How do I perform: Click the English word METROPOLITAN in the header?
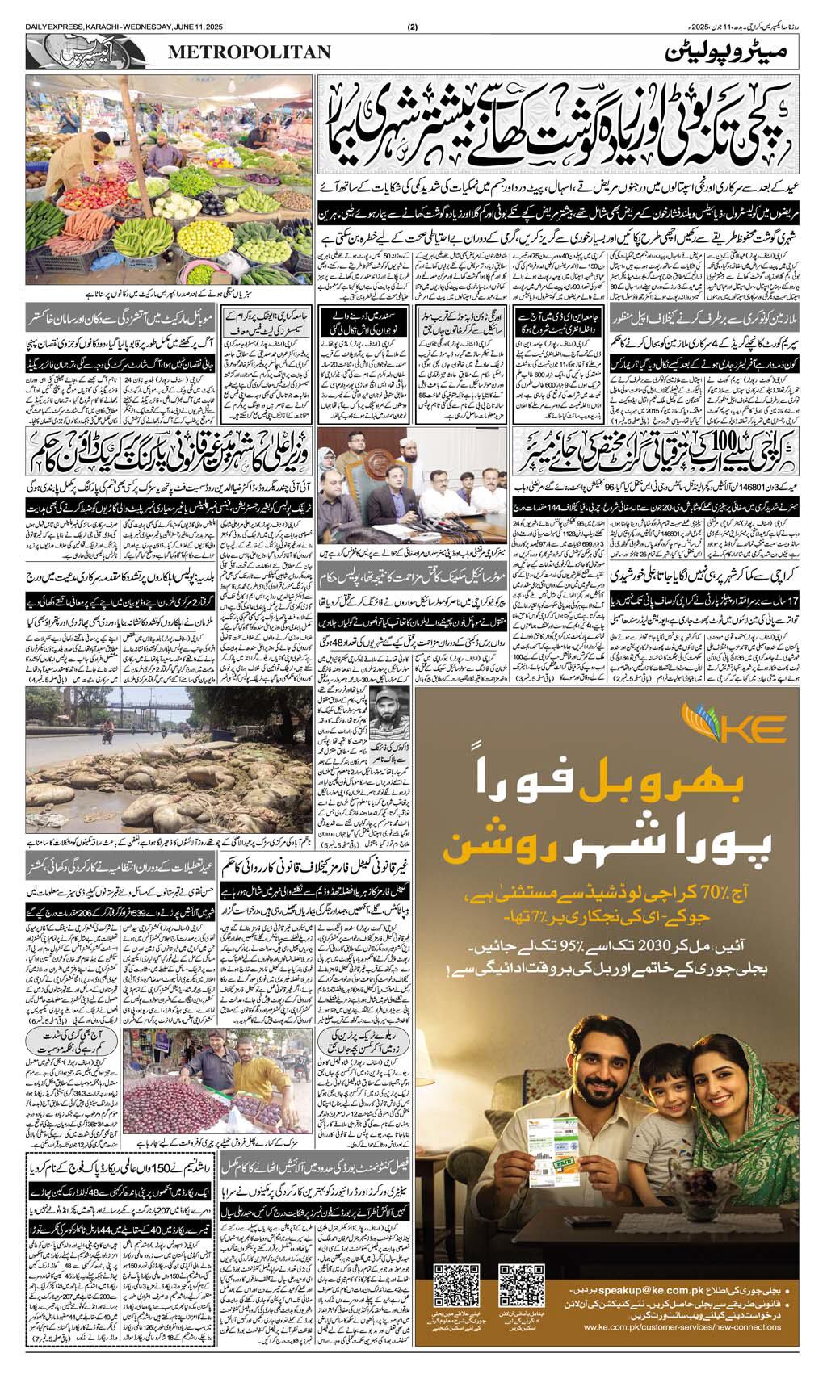point(250,52)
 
